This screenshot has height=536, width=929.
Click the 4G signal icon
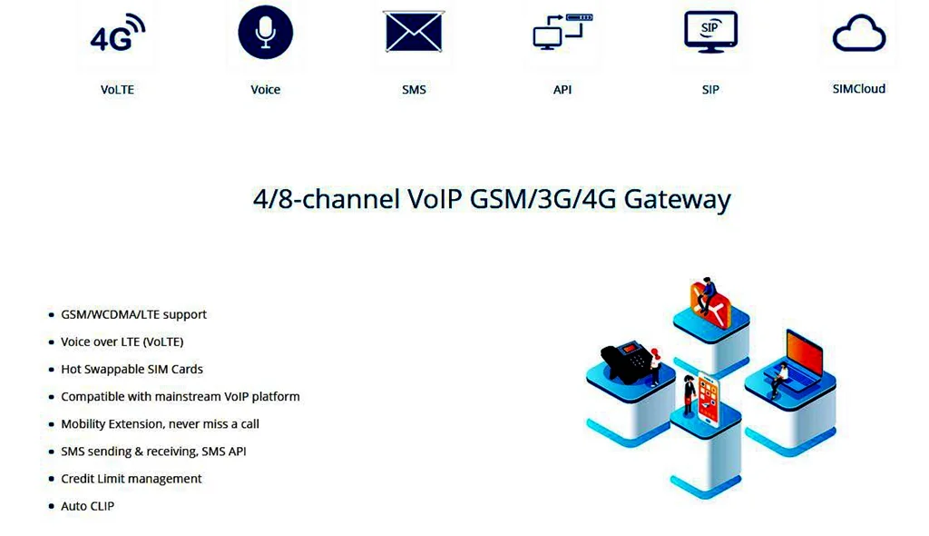pyautogui.click(x=118, y=34)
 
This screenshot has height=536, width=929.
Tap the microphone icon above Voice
pyautogui.click(x=265, y=34)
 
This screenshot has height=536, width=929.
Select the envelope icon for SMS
pyautogui.click(x=414, y=33)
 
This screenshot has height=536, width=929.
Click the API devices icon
pyautogui.click(x=562, y=33)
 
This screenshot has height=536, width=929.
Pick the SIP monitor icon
pyautogui.click(x=710, y=32)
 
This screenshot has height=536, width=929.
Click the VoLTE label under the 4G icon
pyautogui.click(x=117, y=89)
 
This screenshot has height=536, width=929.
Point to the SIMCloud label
pyautogui.click(x=858, y=89)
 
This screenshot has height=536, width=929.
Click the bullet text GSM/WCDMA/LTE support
pyautogui.click(x=133, y=314)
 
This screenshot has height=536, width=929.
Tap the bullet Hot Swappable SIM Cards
pyautogui.click(x=132, y=369)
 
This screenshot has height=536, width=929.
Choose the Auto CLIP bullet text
pyautogui.click(x=87, y=506)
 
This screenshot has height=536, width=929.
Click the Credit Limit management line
pyautogui.click(x=131, y=479)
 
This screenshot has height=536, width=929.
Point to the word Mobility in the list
pyautogui.click(x=83, y=424)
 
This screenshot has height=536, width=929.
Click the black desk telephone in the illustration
pyautogui.click(x=626, y=362)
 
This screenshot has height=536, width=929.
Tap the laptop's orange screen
pyautogui.click(x=804, y=353)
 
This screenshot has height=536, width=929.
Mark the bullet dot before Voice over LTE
pyautogui.click(x=51, y=342)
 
